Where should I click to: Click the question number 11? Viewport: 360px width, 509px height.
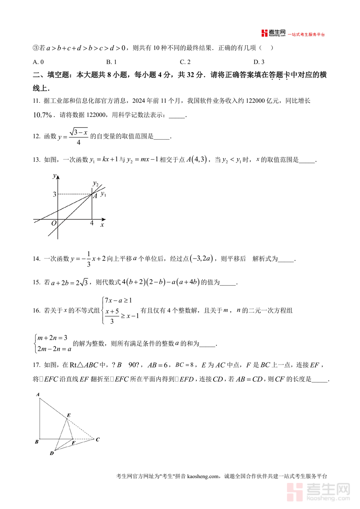tap(36, 101)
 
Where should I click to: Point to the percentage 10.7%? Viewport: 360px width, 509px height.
tap(43, 115)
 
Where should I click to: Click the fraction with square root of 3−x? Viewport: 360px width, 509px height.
tap(78, 136)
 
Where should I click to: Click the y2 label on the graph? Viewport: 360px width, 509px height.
tap(96, 184)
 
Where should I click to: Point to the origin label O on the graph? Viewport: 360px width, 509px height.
tap(54, 223)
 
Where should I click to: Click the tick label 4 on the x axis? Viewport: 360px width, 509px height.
tap(92, 223)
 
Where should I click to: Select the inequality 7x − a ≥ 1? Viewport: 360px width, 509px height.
tap(118, 300)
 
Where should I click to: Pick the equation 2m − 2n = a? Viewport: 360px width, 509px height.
tap(54, 349)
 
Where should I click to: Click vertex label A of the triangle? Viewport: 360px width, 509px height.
tap(38, 395)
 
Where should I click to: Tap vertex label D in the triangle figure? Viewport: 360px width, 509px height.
tap(52, 453)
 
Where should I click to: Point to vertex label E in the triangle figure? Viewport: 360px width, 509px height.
tap(69, 415)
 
